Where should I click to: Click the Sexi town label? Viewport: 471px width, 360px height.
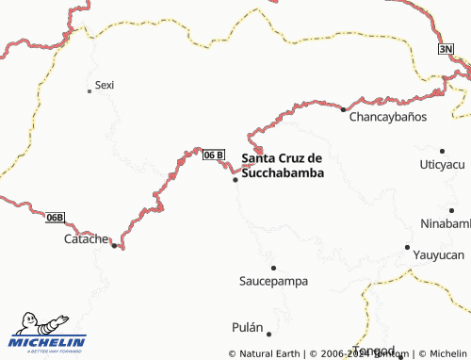pyautogui.click(x=105, y=85)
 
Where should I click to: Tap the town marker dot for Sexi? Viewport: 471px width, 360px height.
pyautogui.click(x=89, y=90)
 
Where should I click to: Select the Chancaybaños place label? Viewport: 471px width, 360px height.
pyautogui.click(x=388, y=118)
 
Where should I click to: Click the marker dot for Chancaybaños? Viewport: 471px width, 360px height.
pyautogui.click(x=343, y=109)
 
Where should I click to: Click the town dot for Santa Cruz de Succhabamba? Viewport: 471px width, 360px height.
pyautogui.click(x=235, y=179)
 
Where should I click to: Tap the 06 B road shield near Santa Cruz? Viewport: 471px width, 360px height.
pyautogui.click(x=214, y=155)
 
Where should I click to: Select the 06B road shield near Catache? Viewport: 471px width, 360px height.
pyautogui.click(x=56, y=218)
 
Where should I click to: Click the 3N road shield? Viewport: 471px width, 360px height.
pyautogui.click(x=446, y=49)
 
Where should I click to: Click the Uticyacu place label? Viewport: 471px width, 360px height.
pyautogui.click(x=443, y=164)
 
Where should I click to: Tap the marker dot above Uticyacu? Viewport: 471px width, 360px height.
pyautogui.click(x=442, y=150)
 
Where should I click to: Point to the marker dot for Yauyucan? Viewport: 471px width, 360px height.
pyautogui.click(x=407, y=247)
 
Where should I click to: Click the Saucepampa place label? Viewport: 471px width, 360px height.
pyautogui.click(x=273, y=281)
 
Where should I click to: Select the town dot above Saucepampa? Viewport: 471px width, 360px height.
pyautogui.click(x=273, y=268)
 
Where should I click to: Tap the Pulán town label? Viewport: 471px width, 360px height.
pyautogui.click(x=247, y=327)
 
